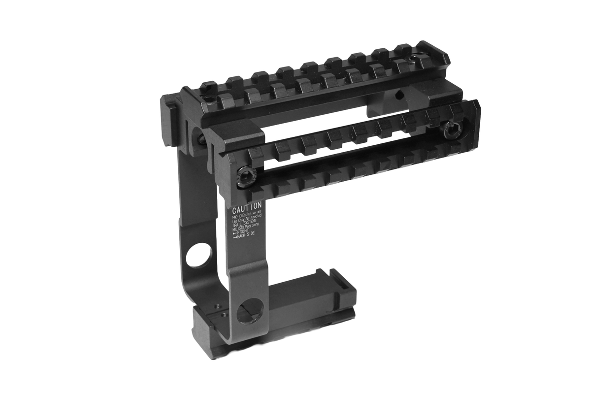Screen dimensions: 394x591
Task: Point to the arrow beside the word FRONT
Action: tap(235, 232)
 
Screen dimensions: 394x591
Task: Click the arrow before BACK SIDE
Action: tap(235, 238)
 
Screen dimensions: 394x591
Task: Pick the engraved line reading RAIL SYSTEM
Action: tap(248, 223)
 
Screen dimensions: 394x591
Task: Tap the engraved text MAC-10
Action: tap(239, 215)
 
